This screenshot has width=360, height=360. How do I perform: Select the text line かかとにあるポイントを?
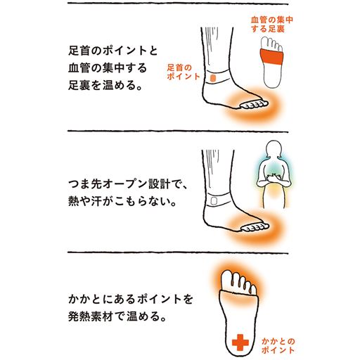pyautogui.click(x=120, y=299)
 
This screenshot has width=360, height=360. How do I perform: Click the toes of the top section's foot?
pyautogui.click(x=254, y=106)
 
